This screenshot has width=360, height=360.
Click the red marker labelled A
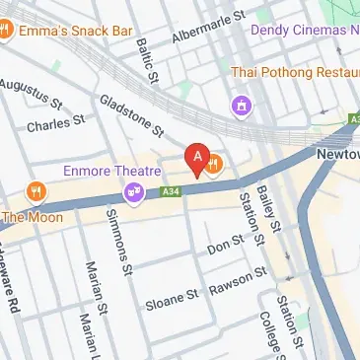197,158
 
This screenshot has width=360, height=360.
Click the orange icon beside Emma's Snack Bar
5,30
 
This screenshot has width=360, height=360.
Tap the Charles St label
56,124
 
